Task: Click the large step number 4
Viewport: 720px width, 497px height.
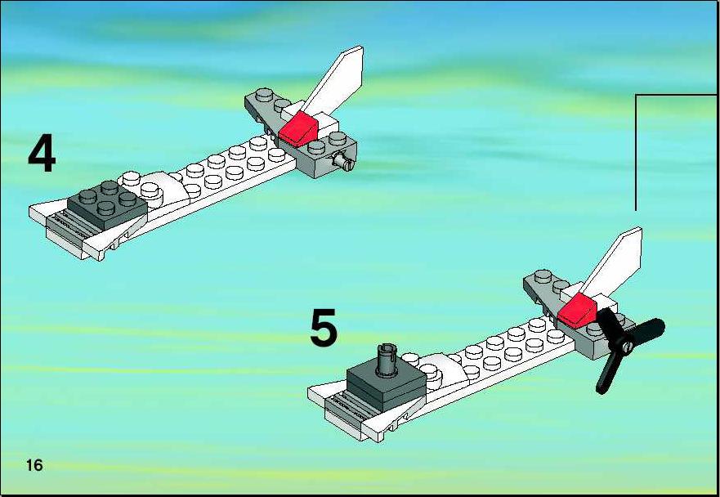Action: (x=42, y=154)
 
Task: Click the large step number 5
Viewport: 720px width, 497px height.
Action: (x=324, y=328)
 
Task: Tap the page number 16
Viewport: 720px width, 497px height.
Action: (x=34, y=465)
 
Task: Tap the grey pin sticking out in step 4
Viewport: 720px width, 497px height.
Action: (x=343, y=162)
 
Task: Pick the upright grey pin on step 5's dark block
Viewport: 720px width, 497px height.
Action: (x=387, y=360)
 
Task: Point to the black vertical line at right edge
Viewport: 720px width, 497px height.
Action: (x=636, y=153)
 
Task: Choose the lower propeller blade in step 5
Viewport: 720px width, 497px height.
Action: (x=608, y=373)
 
